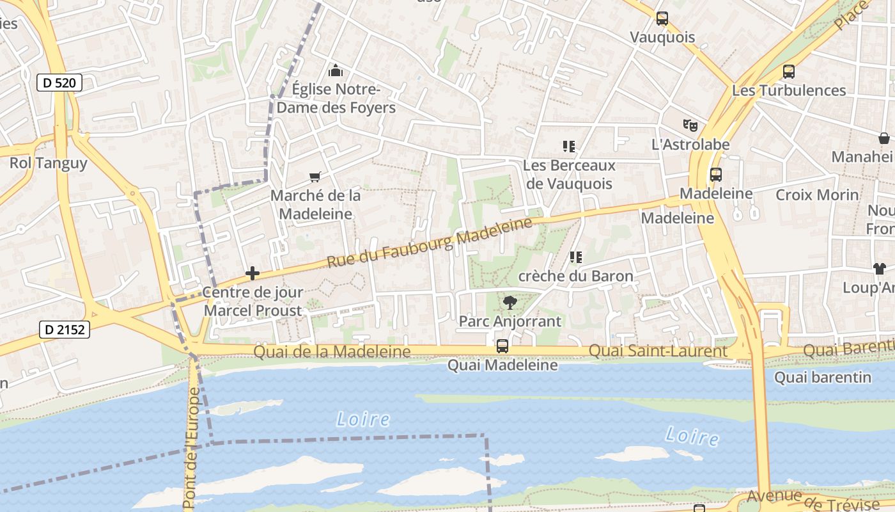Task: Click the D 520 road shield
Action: tap(59, 83)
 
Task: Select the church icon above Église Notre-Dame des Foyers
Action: tap(335, 70)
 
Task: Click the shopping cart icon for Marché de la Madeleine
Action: tap(315, 177)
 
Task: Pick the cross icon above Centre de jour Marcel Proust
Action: tap(253, 274)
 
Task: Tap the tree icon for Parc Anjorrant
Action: tap(510, 302)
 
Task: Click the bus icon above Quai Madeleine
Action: tap(502, 346)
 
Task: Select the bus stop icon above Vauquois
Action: tap(662, 19)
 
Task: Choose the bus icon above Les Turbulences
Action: tap(789, 72)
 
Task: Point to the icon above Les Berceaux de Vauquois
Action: tap(568, 147)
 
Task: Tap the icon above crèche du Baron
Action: tap(575, 257)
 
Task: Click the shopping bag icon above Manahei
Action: tap(884, 138)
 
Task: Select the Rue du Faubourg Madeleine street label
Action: tap(429, 243)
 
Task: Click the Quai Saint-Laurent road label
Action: tap(657, 351)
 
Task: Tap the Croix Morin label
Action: tap(817, 195)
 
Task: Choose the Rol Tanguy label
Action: tap(48, 163)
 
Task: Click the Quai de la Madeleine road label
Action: tap(332, 351)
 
